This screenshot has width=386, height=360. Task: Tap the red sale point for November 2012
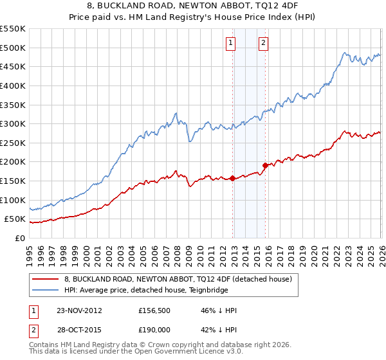pos(232,179)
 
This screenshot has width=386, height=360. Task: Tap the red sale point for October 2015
pos(265,166)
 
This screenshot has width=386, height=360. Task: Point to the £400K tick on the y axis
pos(13,85)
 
